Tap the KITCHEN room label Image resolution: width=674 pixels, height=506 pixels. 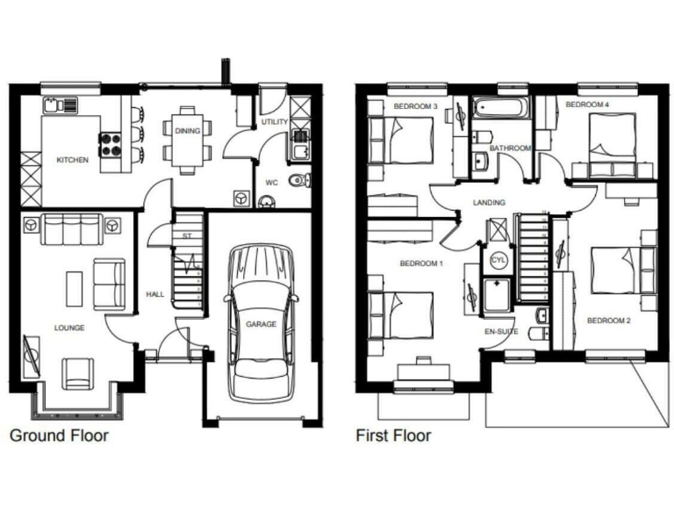[72, 161]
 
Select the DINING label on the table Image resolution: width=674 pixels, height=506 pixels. [187, 131]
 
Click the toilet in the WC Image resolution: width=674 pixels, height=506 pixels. [298, 182]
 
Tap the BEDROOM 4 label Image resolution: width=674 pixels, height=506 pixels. [587, 105]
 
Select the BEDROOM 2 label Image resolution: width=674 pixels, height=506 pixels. [608, 320]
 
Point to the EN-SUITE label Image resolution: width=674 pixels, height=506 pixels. [500, 332]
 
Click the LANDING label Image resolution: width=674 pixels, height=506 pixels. [489, 203]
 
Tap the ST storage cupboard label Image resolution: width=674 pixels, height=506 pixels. [186, 236]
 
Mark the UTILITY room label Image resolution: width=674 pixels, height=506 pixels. [274, 122]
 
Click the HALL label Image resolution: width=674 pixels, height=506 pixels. [155, 294]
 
